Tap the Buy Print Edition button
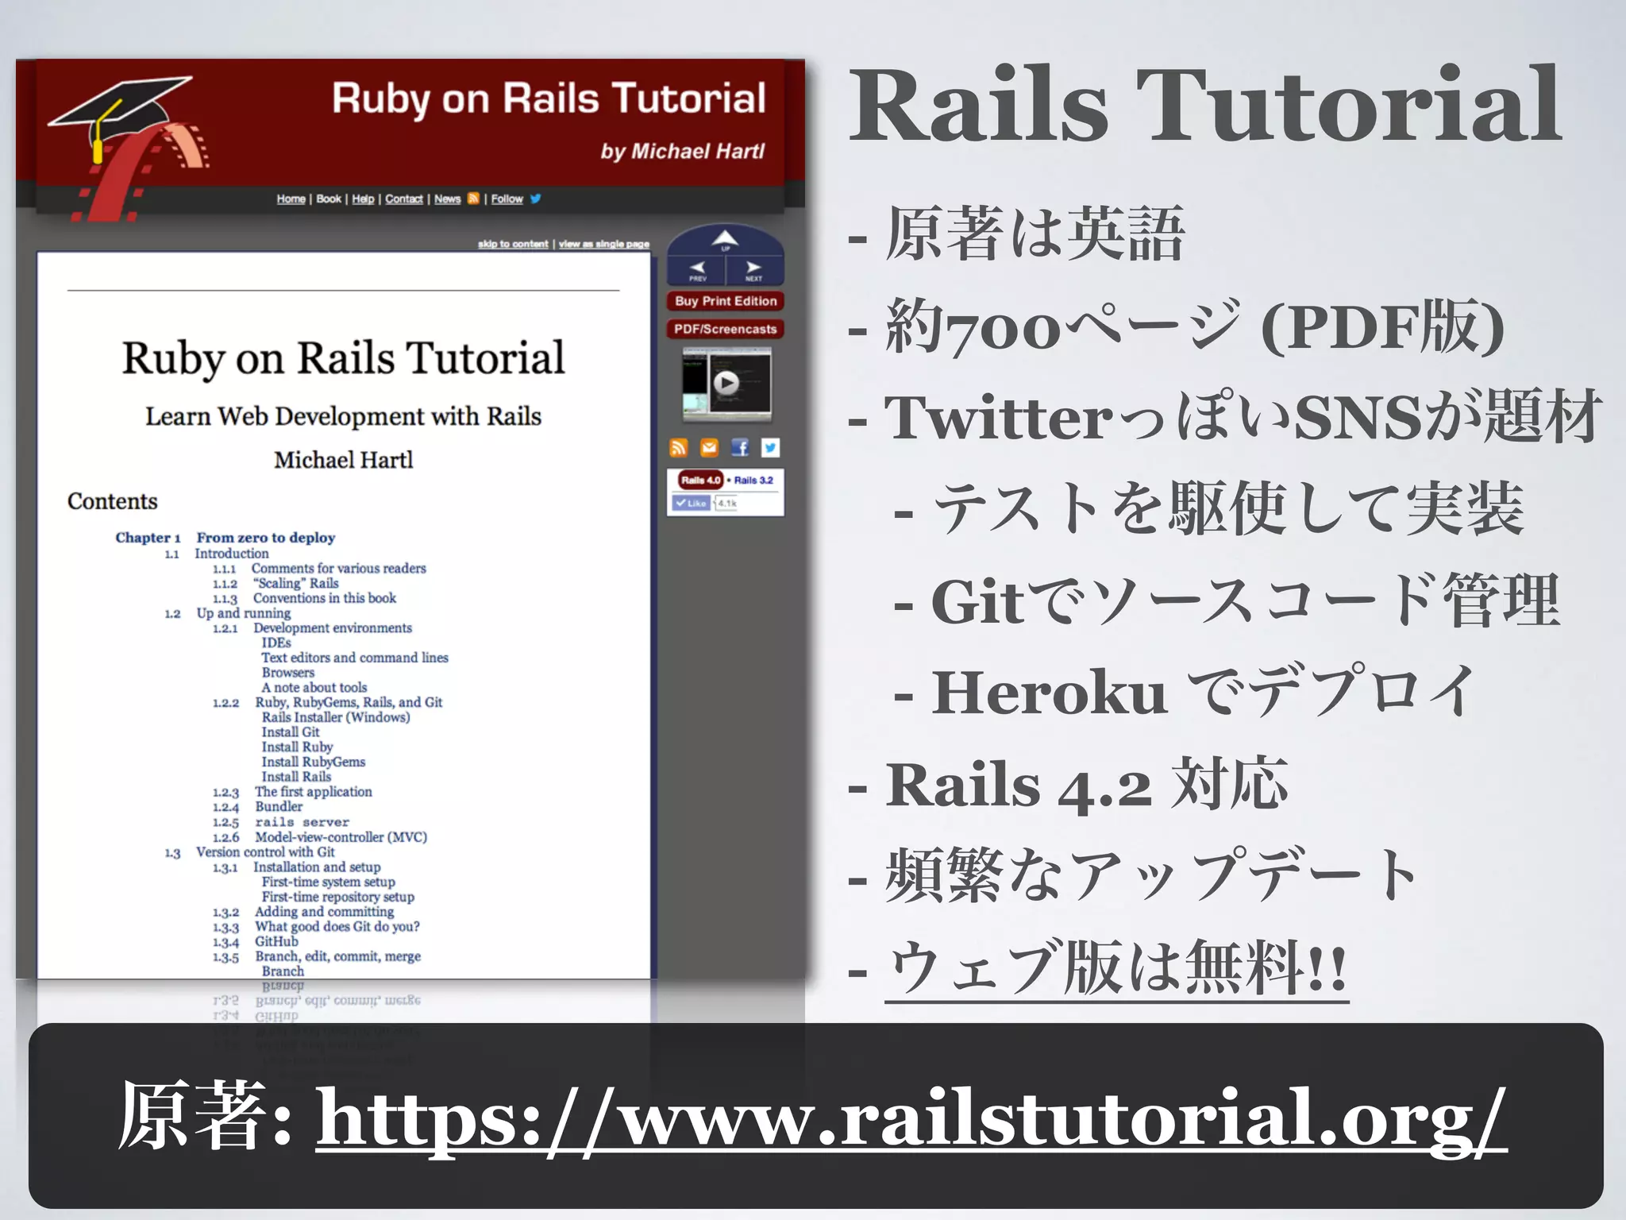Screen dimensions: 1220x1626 point(725,301)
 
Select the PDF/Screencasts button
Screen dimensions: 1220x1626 point(725,329)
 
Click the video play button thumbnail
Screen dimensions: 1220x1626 point(726,384)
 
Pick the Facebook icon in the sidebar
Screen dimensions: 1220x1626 point(740,448)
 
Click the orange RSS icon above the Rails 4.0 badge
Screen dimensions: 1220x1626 point(678,448)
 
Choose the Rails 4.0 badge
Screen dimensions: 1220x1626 point(700,480)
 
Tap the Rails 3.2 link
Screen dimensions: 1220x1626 point(753,481)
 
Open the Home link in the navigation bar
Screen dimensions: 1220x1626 point(291,199)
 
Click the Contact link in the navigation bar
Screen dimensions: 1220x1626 point(403,199)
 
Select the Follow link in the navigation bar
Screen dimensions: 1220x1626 point(507,199)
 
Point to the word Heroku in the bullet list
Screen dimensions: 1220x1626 point(1048,693)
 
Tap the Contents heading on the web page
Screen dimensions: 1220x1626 point(112,501)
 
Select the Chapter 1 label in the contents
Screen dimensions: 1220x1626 point(148,538)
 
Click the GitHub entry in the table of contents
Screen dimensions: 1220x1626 point(276,941)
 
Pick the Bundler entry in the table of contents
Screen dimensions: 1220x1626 point(279,806)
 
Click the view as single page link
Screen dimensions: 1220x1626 point(603,244)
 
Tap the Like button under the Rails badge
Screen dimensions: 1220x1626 point(691,503)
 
